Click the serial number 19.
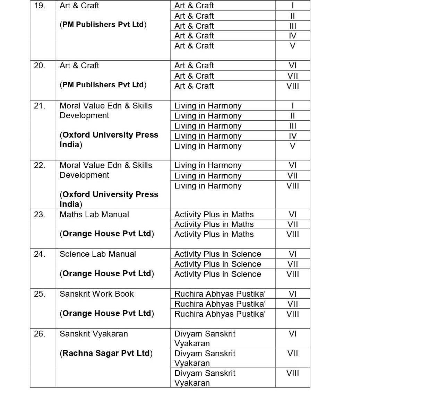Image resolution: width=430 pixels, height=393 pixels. click(x=40, y=6)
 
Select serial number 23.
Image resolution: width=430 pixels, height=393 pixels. click(x=40, y=215)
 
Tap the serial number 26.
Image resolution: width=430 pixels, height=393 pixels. click(x=40, y=334)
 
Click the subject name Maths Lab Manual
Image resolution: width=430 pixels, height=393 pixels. click(x=94, y=215)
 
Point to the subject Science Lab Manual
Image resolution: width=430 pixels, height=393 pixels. click(x=98, y=254)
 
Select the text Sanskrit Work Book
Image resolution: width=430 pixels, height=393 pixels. click(x=97, y=294)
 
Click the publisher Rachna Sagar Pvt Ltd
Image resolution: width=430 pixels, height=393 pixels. click(x=106, y=353)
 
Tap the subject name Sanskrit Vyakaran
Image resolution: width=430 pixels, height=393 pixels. click(x=94, y=334)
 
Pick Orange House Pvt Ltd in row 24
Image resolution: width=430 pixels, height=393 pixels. click(x=107, y=273)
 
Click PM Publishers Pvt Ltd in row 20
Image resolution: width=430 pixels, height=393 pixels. click(x=103, y=85)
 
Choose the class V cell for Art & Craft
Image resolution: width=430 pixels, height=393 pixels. click(x=293, y=46)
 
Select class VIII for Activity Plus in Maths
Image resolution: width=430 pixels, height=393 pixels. click(x=293, y=234)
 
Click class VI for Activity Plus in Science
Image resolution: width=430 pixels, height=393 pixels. click(x=293, y=254)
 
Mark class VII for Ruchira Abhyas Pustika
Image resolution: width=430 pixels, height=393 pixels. click(x=293, y=304)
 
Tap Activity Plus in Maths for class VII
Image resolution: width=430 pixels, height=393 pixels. click(x=214, y=225)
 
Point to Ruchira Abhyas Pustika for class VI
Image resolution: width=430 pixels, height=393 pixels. click(x=220, y=294)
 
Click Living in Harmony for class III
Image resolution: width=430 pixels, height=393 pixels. click(x=208, y=126)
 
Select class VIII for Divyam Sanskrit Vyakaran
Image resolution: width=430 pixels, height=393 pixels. click(x=293, y=373)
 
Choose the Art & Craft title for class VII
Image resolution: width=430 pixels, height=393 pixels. click(x=194, y=76)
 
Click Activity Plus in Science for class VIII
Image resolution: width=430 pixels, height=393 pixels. click(x=217, y=274)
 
